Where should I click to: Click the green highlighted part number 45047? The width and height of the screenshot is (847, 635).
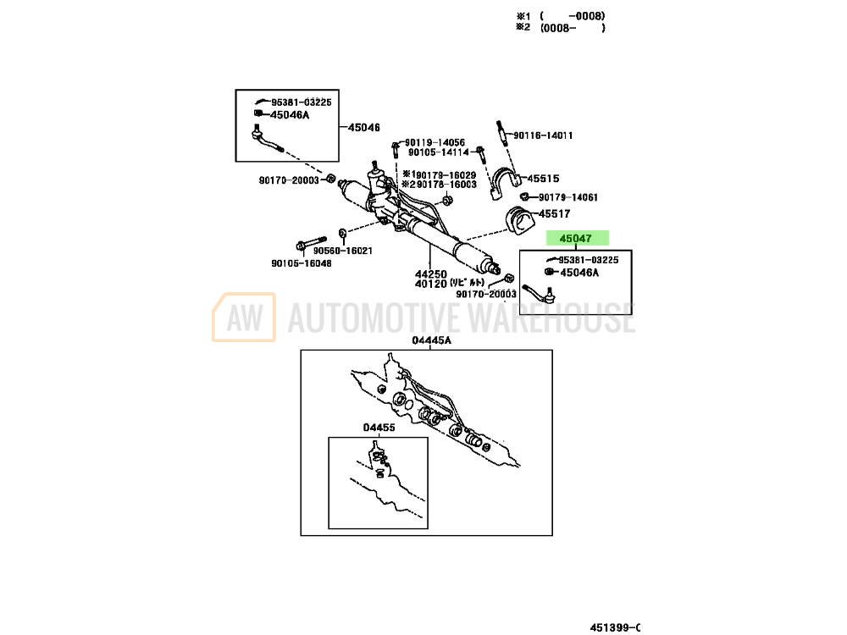576,240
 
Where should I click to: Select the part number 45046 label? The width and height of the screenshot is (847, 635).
363,128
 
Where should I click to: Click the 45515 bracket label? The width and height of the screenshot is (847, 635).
543,179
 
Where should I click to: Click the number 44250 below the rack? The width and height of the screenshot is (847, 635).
430,274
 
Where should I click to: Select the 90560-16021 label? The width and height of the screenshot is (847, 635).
342,251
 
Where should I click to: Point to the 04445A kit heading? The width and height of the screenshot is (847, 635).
432,340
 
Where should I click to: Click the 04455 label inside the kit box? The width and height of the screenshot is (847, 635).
379,428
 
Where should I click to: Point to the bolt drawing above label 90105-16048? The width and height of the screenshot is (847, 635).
311,241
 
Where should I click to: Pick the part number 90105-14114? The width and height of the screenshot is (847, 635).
438,152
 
